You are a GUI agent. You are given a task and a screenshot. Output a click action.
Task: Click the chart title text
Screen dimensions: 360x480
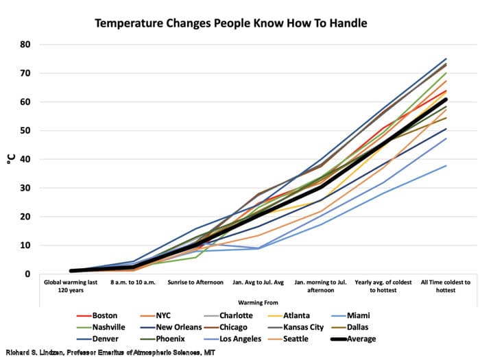(230, 23)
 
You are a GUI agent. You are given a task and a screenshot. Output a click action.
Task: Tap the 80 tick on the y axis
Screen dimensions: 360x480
(26, 45)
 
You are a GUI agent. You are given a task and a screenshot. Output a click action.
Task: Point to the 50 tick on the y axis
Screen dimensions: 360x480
(26, 130)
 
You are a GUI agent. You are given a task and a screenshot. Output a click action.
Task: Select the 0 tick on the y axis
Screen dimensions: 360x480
(28, 274)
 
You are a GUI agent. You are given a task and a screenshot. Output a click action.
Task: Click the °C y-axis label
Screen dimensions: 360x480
(10, 159)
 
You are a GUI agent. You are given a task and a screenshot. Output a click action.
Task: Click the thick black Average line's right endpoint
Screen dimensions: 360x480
(446, 99)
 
